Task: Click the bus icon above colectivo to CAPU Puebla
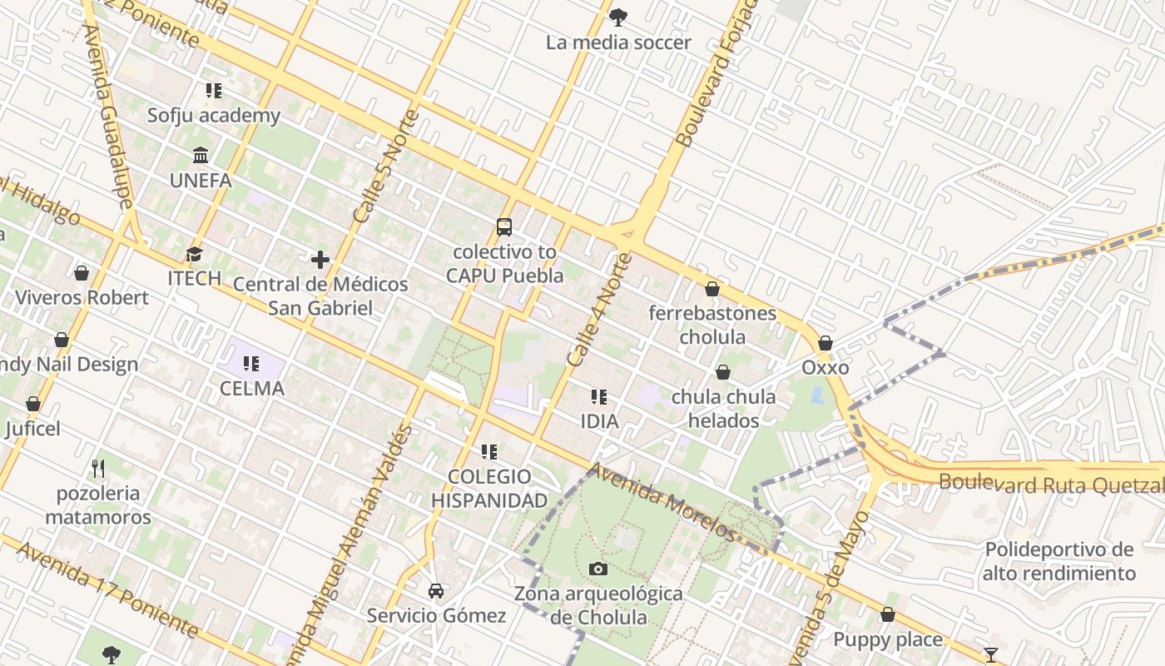pos(503,226)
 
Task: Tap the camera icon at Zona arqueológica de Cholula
pos(597,569)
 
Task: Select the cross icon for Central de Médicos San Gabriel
pos(320,260)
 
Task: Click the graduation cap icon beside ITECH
pos(194,254)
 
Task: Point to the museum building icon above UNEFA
pos(201,156)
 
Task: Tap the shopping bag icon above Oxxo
pos(825,343)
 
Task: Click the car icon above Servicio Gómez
pos(436,591)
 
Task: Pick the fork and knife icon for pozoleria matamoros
pos(98,469)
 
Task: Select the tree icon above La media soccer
pos(618,17)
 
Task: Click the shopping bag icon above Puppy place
pos(888,615)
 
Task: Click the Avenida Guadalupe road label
pos(108,117)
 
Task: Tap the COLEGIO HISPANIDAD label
pos(489,489)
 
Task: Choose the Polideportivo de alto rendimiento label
pos(1058,562)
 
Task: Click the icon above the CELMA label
pos(251,364)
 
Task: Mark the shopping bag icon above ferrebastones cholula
pos(712,289)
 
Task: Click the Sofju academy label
pos(214,115)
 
